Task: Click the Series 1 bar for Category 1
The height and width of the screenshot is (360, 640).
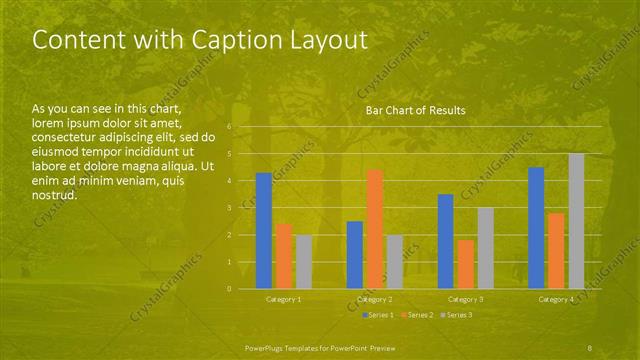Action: pyautogui.click(x=263, y=231)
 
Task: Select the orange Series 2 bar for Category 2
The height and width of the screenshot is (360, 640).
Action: pyautogui.click(x=374, y=229)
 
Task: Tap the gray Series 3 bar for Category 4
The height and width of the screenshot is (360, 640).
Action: pyautogui.click(x=576, y=221)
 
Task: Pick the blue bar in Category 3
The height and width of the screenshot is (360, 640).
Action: pyautogui.click(x=445, y=241)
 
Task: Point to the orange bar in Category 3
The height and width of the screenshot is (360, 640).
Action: pyautogui.click(x=465, y=264)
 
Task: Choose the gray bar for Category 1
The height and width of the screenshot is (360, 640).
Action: pyautogui.click(x=303, y=262)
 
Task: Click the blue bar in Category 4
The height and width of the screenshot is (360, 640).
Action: pyautogui.click(x=536, y=228)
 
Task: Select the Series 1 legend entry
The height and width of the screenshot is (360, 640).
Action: pyautogui.click(x=377, y=315)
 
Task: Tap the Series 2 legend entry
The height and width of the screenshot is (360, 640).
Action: pyautogui.click(x=418, y=315)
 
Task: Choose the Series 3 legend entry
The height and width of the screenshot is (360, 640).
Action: pyautogui.click(x=459, y=315)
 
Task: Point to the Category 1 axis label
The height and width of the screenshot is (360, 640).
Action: pyautogui.click(x=283, y=299)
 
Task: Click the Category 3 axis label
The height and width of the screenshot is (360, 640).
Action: pyautogui.click(x=465, y=299)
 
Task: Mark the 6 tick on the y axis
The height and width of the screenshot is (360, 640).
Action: pyautogui.click(x=229, y=127)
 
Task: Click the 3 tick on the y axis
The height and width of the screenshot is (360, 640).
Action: pyautogui.click(x=229, y=208)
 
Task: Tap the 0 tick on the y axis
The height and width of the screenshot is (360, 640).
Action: pyautogui.click(x=229, y=289)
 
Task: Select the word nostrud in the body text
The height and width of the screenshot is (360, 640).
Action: pyautogui.click(x=54, y=195)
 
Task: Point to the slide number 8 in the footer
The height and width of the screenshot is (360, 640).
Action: pyautogui.click(x=592, y=346)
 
